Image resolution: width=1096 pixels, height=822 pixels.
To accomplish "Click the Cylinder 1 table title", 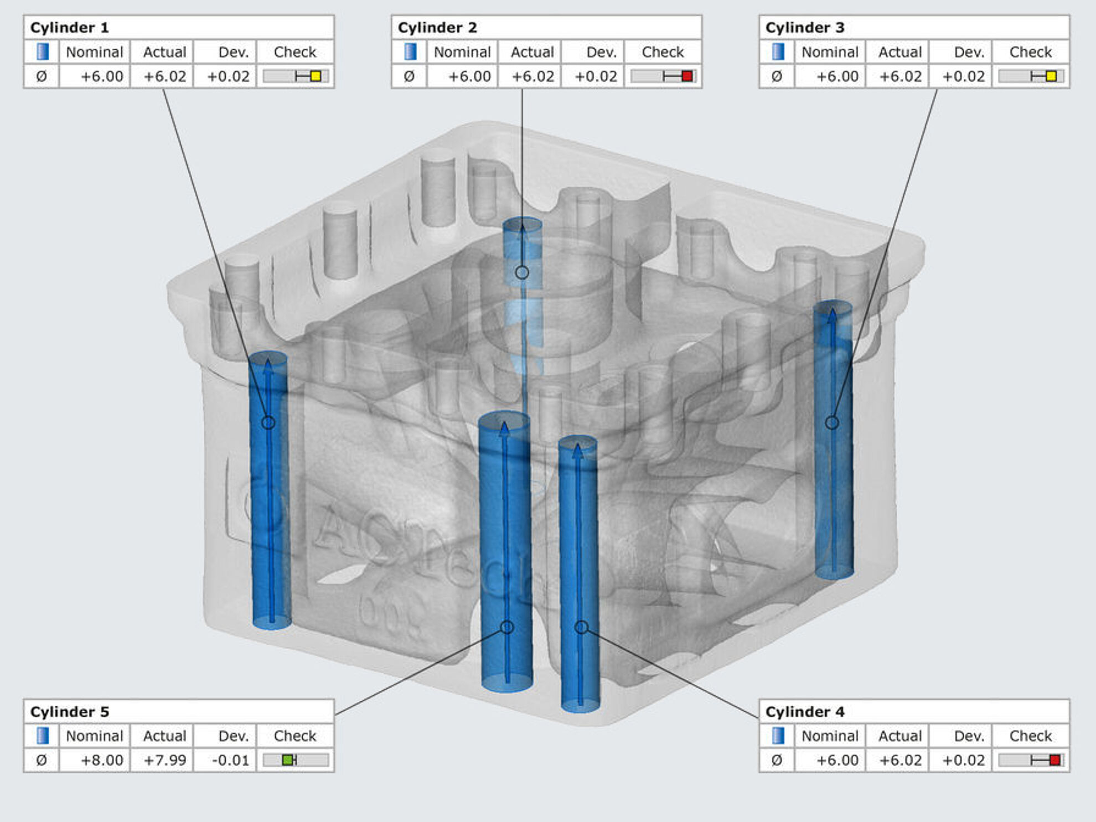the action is point(69,28).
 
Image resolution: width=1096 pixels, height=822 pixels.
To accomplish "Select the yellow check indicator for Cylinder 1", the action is point(316,76).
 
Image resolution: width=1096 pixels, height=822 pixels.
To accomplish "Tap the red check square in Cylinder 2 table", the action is point(687,76).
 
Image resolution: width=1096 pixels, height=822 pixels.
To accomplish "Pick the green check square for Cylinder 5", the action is point(288,760).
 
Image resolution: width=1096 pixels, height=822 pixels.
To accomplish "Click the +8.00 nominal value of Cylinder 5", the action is point(102,760).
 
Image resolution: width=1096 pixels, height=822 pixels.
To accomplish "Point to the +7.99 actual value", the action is point(165,760).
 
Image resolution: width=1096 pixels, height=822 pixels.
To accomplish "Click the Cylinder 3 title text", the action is point(805,28).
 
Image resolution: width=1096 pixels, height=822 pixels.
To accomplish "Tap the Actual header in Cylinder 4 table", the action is point(900,736).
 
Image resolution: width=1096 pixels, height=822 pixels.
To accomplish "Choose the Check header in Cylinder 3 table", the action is point(1030,52).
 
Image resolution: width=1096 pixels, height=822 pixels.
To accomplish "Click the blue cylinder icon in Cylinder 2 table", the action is point(410,52).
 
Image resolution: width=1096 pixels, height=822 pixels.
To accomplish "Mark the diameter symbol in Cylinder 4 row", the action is point(777,760).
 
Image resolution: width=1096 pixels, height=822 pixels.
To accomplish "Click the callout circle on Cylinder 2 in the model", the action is point(522,272).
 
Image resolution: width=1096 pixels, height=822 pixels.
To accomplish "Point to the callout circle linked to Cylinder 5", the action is point(507,627).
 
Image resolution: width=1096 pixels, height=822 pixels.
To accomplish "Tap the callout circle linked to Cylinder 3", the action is point(831,422).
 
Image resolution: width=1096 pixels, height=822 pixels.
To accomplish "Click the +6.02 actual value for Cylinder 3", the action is point(900,76).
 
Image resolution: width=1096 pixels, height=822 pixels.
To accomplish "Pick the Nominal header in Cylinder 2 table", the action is point(462,52).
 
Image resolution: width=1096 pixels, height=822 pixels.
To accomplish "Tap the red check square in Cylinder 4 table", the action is point(1054,760).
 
